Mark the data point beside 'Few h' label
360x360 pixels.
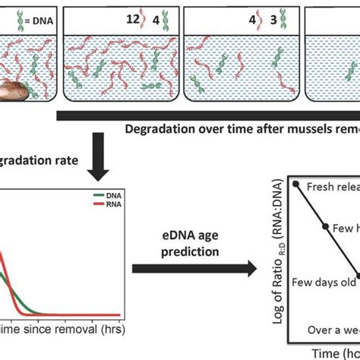tap(327, 228)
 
